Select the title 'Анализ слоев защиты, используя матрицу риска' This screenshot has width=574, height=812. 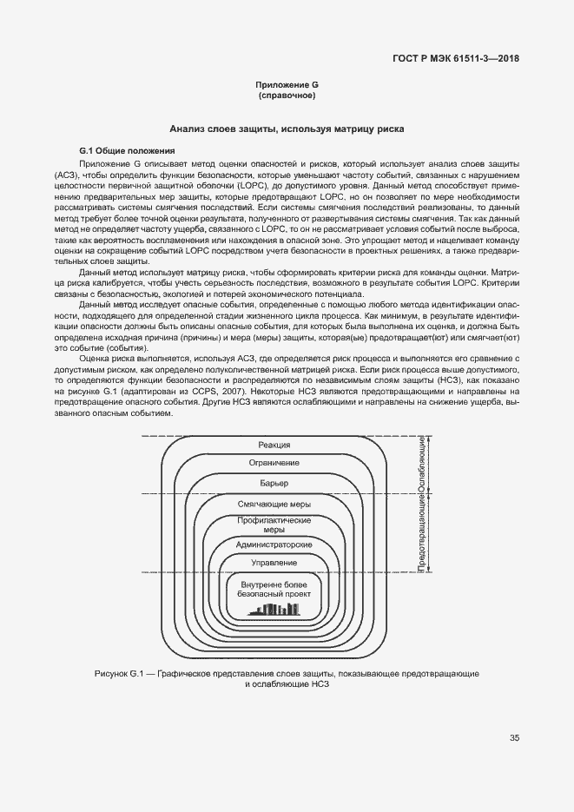287,128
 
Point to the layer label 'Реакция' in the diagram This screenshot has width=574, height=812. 274,445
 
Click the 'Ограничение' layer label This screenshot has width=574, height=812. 274,463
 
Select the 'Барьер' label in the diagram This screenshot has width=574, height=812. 274,483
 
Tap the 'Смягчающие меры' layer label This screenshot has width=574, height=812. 274,504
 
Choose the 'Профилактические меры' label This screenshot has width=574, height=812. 274,525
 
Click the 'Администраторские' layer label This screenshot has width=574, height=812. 274,544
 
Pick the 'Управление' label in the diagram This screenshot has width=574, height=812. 274,563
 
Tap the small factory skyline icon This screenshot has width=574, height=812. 274,609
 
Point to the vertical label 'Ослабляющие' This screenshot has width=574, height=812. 421,465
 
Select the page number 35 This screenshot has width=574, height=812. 515,739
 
